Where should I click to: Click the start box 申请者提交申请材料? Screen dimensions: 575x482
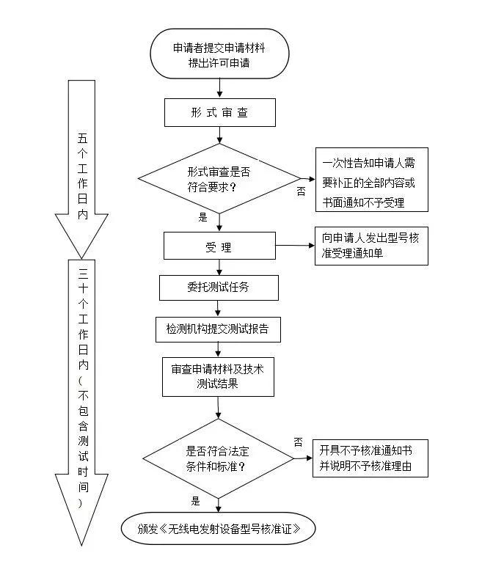[x=219, y=54]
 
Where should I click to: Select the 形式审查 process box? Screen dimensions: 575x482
[x=219, y=113]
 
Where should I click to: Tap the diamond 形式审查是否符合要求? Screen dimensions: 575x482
[x=219, y=178]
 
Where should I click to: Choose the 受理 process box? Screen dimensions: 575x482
[x=219, y=246]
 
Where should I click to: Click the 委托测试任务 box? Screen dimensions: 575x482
[x=219, y=287]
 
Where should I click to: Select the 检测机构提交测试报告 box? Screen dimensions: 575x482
[x=219, y=329]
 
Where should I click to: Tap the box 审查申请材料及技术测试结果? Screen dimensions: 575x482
[x=219, y=376]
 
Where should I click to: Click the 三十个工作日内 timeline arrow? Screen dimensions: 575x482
[x=81, y=403]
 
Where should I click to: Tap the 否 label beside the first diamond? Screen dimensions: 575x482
[x=301, y=191]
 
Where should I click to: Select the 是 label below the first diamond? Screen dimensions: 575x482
[x=203, y=217]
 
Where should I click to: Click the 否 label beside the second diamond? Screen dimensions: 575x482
[x=299, y=442]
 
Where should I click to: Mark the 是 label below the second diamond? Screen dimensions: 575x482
[x=196, y=502]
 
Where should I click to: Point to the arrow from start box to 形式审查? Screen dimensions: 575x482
[x=219, y=88]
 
